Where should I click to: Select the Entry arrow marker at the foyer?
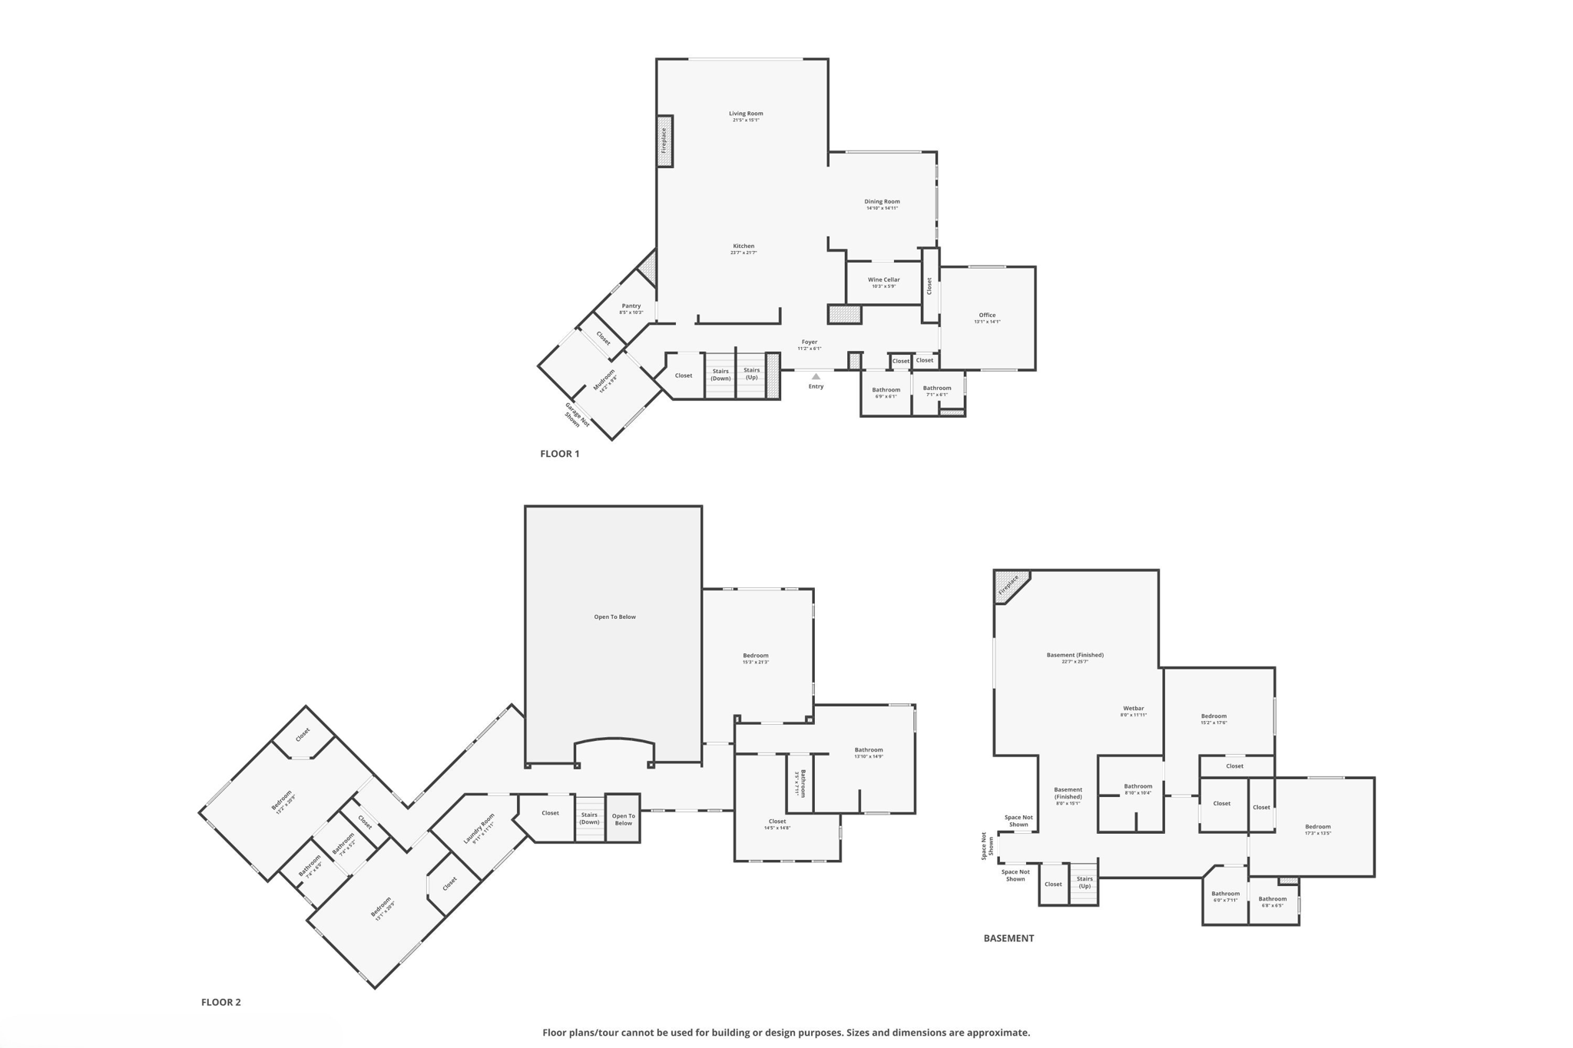point(816,376)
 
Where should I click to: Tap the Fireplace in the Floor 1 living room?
point(664,141)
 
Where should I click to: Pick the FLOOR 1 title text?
point(559,454)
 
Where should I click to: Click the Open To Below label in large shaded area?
point(614,617)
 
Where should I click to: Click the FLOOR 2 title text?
point(220,1002)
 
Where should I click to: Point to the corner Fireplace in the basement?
point(1009,585)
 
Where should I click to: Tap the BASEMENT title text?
point(1008,938)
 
